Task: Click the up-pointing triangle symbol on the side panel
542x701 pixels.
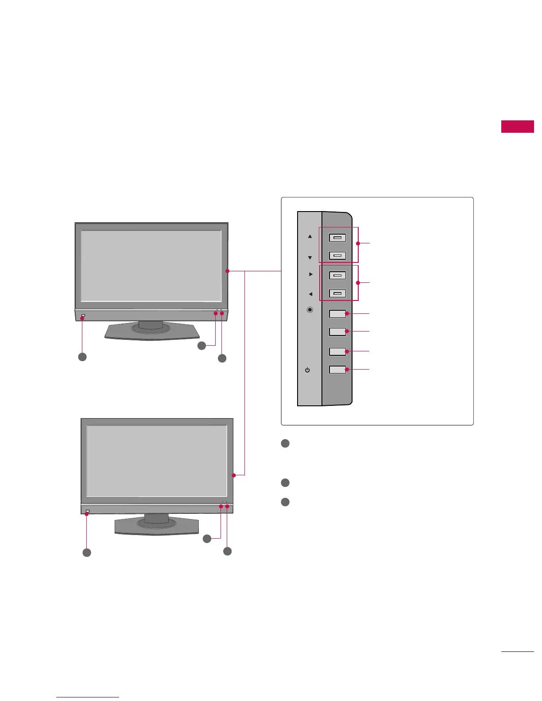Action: pos(310,236)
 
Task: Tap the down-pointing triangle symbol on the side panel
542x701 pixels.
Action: pos(310,258)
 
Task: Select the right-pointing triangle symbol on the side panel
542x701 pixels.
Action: pos(311,274)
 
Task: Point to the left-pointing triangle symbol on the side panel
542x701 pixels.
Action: pos(310,294)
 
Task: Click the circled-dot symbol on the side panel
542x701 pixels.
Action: pos(310,310)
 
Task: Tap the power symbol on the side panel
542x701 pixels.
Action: pos(308,370)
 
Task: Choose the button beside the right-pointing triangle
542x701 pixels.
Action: pos(337,275)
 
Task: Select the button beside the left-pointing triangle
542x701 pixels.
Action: pos(337,293)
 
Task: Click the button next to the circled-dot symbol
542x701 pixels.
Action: pos(337,314)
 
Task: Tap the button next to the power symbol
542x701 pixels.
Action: pos(337,369)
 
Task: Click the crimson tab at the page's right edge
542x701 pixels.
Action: pos(517,126)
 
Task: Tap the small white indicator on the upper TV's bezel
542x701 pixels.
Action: pos(83,316)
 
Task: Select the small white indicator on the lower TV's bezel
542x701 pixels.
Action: pos(88,512)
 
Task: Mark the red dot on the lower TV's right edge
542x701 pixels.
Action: pos(233,475)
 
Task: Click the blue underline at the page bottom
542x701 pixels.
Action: pos(88,697)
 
